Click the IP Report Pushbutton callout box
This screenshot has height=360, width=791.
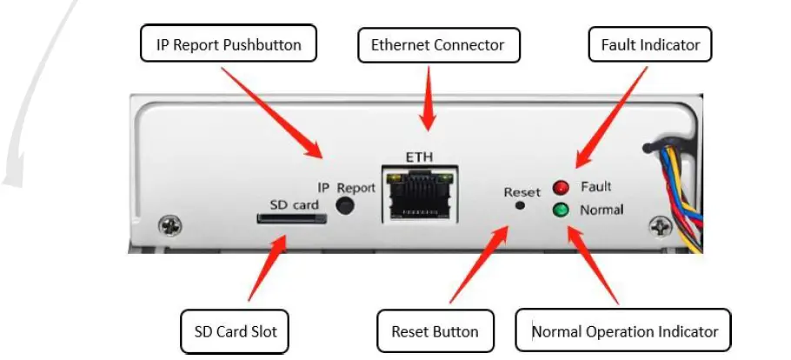[x=229, y=44]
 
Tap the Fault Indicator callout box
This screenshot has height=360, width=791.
[x=650, y=44]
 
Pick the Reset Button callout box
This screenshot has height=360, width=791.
[x=435, y=331]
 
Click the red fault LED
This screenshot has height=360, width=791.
[x=561, y=187]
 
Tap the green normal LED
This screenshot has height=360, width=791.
[x=561, y=210]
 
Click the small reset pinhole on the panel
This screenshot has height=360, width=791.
[x=521, y=206]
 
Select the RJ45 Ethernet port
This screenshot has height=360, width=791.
[x=419, y=196]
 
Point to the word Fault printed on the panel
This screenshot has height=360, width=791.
[x=596, y=187]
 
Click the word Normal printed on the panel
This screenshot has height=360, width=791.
[x=602, y=210]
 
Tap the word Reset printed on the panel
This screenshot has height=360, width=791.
[x=522, y=191]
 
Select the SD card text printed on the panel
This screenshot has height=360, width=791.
[x=294, y=204]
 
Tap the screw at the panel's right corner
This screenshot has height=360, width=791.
[x=661, y=227]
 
